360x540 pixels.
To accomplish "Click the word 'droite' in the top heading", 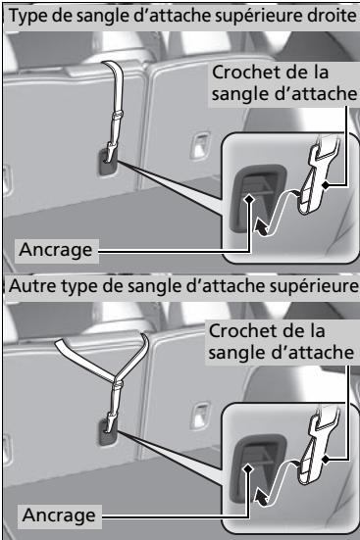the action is click(x=334, y=16).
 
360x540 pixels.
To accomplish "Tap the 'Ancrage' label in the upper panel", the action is click(x=56, y=249).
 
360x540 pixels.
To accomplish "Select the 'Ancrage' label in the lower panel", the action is click(x=59, y=515).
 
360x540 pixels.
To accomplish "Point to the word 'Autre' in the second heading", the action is click(x=30, y=286).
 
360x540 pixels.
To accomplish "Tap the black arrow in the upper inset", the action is click(x=260, y=228).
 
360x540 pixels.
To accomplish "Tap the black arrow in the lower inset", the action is click(x=260, y=498).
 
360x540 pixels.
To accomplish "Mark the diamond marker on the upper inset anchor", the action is click(x=249, y=199).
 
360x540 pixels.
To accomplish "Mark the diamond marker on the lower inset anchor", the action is click(x=248, y=468).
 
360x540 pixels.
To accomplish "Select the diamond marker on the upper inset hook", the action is click(x=325, y=185).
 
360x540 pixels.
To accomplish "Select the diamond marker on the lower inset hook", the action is click(x=325, y=459).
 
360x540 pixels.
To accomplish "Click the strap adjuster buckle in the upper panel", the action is click(x=117, y=115).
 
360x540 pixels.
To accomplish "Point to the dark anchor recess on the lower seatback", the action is click(x=109, y=431).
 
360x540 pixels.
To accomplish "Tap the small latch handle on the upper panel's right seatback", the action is click(x=200, y=145).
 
